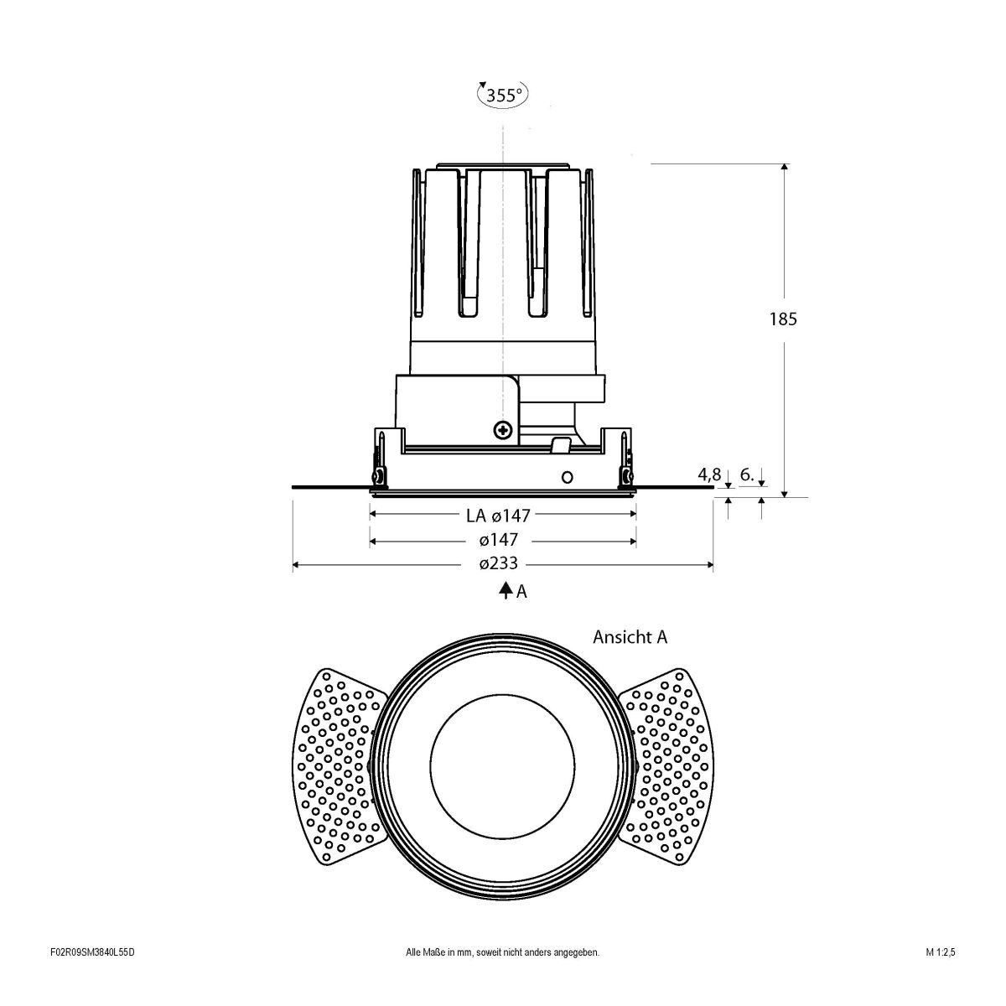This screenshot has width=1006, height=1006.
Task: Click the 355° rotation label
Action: click(x=503, y=95)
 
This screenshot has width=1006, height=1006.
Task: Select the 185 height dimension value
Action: click(x=783, y=319)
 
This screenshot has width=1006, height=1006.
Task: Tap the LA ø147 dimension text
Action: click(x=499, y=515)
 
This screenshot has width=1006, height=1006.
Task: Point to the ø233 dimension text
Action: click(x=499, y=565)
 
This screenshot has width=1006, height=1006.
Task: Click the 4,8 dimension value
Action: click(x=709, y=475)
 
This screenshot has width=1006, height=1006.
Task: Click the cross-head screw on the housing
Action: click(x=503, y=430)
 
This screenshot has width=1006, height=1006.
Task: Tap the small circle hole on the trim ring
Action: click(x=567, y=477)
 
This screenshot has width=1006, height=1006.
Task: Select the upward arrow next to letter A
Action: click(x=506, y=591)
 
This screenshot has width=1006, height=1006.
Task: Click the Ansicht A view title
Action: click(x=630, y=637)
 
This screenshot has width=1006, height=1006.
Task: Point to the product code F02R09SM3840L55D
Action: click(x=92, y=976)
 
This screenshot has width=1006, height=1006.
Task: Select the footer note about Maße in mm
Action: click(x=502, y=976)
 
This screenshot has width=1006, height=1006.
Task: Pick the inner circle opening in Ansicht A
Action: click(x=502, y=766)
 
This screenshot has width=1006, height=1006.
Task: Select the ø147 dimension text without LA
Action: click(x=499, y=540)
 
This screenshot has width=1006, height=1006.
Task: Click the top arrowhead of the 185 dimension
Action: click(x=784, y=168)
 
